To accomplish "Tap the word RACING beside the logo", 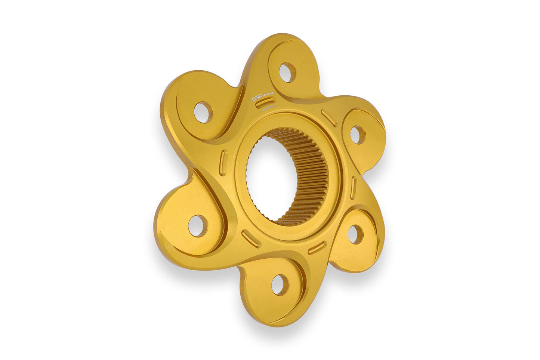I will point(269,93).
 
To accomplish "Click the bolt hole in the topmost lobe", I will point(287,73).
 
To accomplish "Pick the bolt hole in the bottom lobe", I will point(280,285).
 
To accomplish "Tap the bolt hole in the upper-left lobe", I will point(203,112).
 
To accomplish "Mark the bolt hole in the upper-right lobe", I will point(357,135).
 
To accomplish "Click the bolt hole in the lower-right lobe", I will point(355,234).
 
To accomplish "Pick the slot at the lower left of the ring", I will point(250,239).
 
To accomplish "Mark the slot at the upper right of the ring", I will point(329,118).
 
